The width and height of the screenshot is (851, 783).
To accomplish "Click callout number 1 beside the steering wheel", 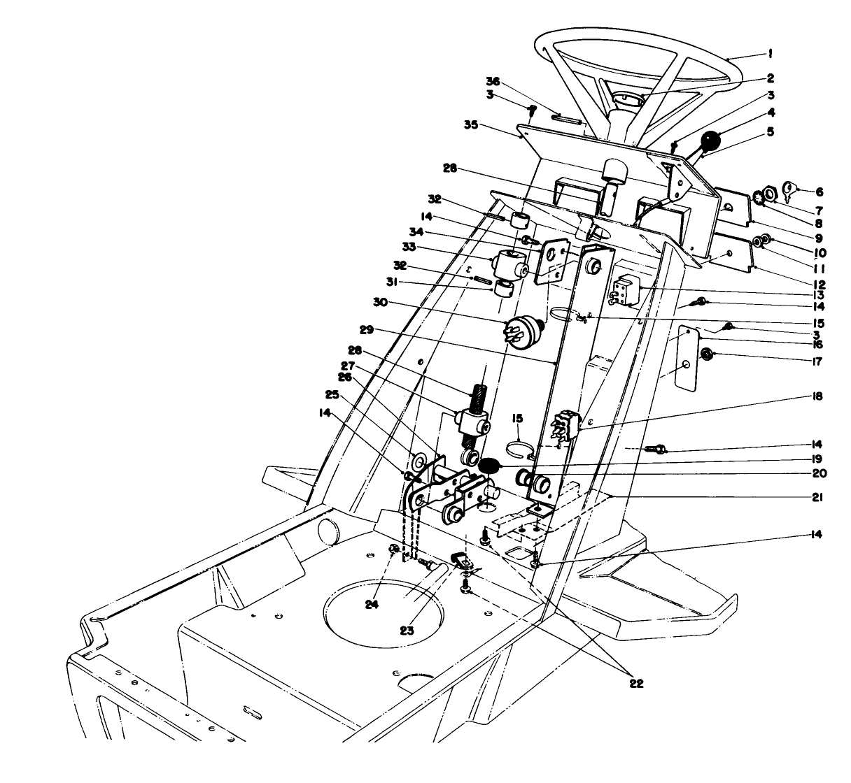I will (770, 53).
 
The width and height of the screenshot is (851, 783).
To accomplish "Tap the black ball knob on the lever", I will (712, 142).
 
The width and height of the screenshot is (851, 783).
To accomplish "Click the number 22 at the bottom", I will (635, 682).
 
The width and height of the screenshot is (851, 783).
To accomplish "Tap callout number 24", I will (372, 605).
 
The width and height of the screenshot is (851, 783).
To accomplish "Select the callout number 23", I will (407, 629).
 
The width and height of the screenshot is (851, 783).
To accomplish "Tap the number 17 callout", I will (816, 362).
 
